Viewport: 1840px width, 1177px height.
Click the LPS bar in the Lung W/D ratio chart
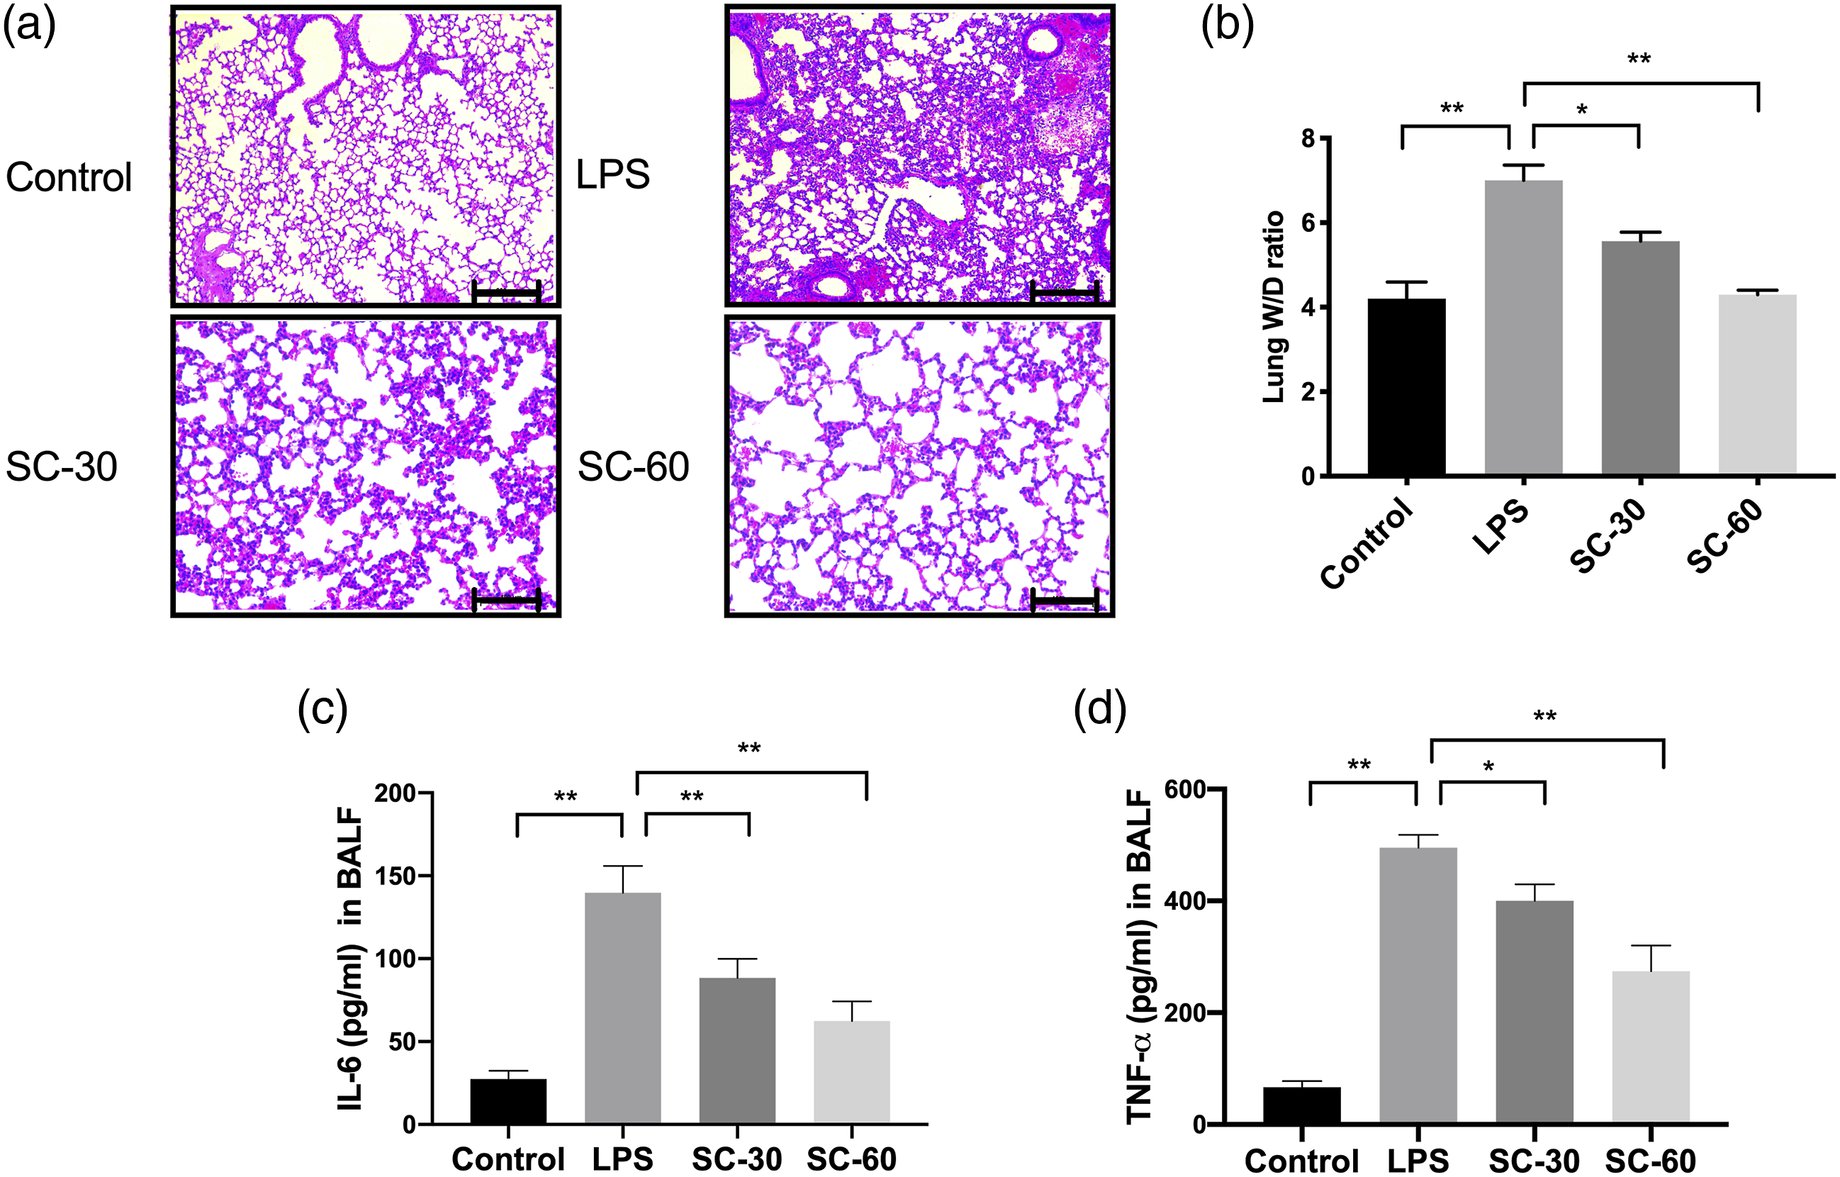(x=1523, y=329)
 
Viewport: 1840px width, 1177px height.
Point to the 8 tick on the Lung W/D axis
(x=1309, y=138)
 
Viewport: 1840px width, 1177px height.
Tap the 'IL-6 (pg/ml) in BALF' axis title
(x=350, y=959)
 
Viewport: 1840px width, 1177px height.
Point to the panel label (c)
(x=322, y=709)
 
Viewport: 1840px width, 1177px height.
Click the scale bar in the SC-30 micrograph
(x=507, y=600)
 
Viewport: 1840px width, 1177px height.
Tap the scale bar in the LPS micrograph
(x=1065, y=292)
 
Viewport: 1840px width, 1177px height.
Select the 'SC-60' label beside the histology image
(x=634, y=467)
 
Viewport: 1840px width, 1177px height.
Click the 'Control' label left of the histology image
(x=69, y=177)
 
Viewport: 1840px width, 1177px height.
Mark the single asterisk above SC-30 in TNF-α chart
(x=1488, y=766)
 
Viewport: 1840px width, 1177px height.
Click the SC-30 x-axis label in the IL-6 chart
(x=736, y=1159)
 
